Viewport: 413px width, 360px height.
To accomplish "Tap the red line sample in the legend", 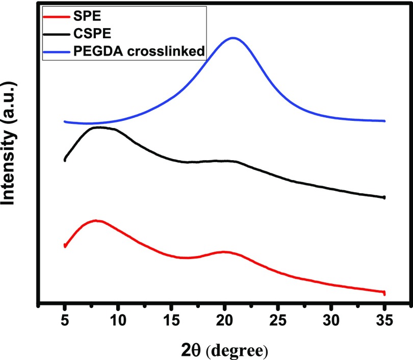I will pyautogui.click(x=57, y=15).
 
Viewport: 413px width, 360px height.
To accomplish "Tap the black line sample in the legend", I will pyautogui.click(x=57, y=34).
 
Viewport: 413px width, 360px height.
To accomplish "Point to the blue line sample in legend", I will pyautogui.click(x=57, y=53).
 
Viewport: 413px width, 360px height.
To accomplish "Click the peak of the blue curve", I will pyautogui.click(x=233, y=38).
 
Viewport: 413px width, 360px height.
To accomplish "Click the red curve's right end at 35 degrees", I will pyautogui.click(x=384, y=293).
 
